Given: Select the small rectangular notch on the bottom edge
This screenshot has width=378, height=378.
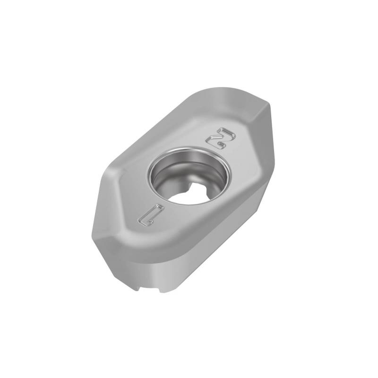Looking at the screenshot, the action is click(150, 289).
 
